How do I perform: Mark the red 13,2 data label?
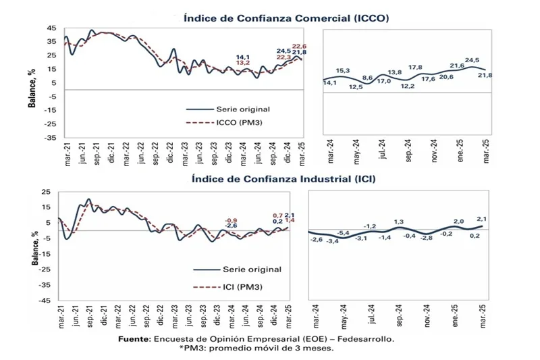pos(243,63)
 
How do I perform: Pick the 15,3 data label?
pos(343,71)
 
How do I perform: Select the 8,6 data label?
pos(368,78)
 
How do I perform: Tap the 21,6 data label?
pos(457,66)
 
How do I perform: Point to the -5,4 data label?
pos(344,233)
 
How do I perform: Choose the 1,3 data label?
pos(399,222)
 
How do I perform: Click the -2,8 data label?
pos(427,238)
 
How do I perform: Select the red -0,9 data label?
pos(232,221)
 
